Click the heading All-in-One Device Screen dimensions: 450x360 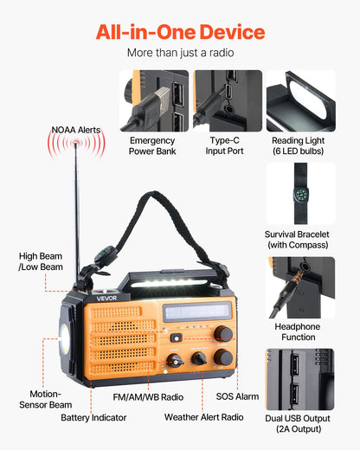180,33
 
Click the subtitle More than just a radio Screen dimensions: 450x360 180,54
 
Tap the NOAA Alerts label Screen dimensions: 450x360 76,131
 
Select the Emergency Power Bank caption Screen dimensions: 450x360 152,145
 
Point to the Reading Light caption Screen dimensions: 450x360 300,145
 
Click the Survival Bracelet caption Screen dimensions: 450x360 300,240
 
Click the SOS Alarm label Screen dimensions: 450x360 237,395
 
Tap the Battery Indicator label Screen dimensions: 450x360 93,417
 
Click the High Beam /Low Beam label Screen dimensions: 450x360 41,261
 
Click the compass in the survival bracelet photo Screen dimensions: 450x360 300,193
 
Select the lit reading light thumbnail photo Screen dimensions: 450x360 300,100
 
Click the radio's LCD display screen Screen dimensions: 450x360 198,312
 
